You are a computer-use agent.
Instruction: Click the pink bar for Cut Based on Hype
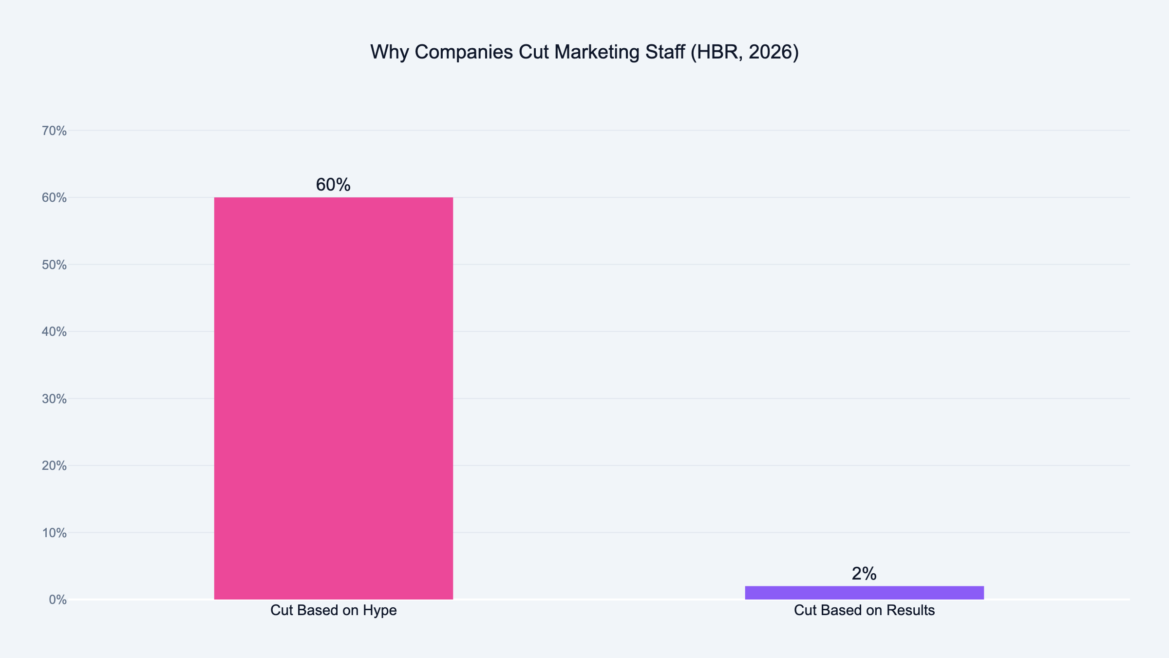tap(333, 398)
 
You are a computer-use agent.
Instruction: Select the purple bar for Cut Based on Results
tap(864, 593)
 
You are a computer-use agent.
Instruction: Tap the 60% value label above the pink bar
tap(333, 185)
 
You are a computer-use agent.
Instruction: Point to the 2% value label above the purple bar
tap(864, 574)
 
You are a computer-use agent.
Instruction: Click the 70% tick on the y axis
tap(54, 131)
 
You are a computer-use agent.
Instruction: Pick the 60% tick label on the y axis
tap(54, 198)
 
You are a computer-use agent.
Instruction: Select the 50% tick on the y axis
tap(54, 265)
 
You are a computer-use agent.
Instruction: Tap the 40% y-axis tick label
tap(54, 332)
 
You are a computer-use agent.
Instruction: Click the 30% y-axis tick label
tap(54, 399)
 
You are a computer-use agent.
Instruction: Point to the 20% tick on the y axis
tap(54, 466)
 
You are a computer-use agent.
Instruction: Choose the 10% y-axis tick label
tap(54, 533)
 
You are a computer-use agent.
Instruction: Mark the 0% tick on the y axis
tap(57, 600)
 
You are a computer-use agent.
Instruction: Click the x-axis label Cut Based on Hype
tap(333, 610)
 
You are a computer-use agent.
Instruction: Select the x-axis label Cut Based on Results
tap(864, 610)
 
